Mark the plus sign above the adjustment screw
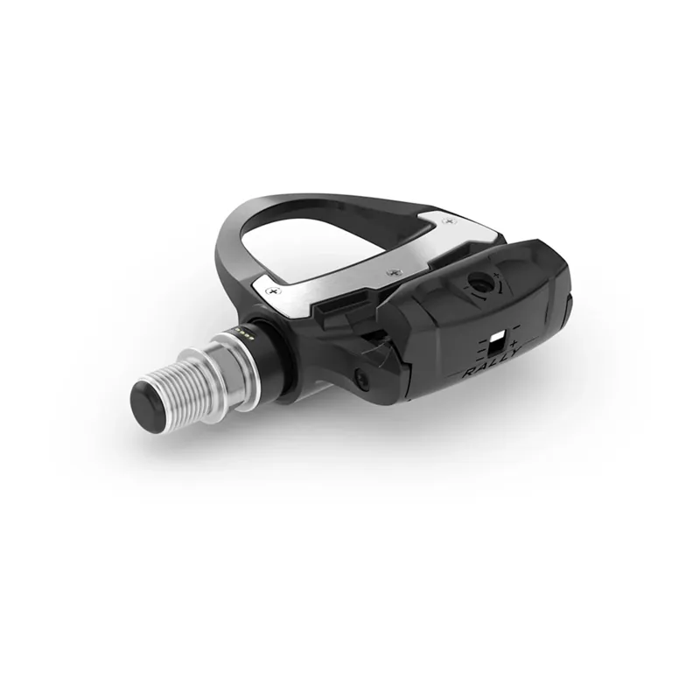[498, 276]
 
